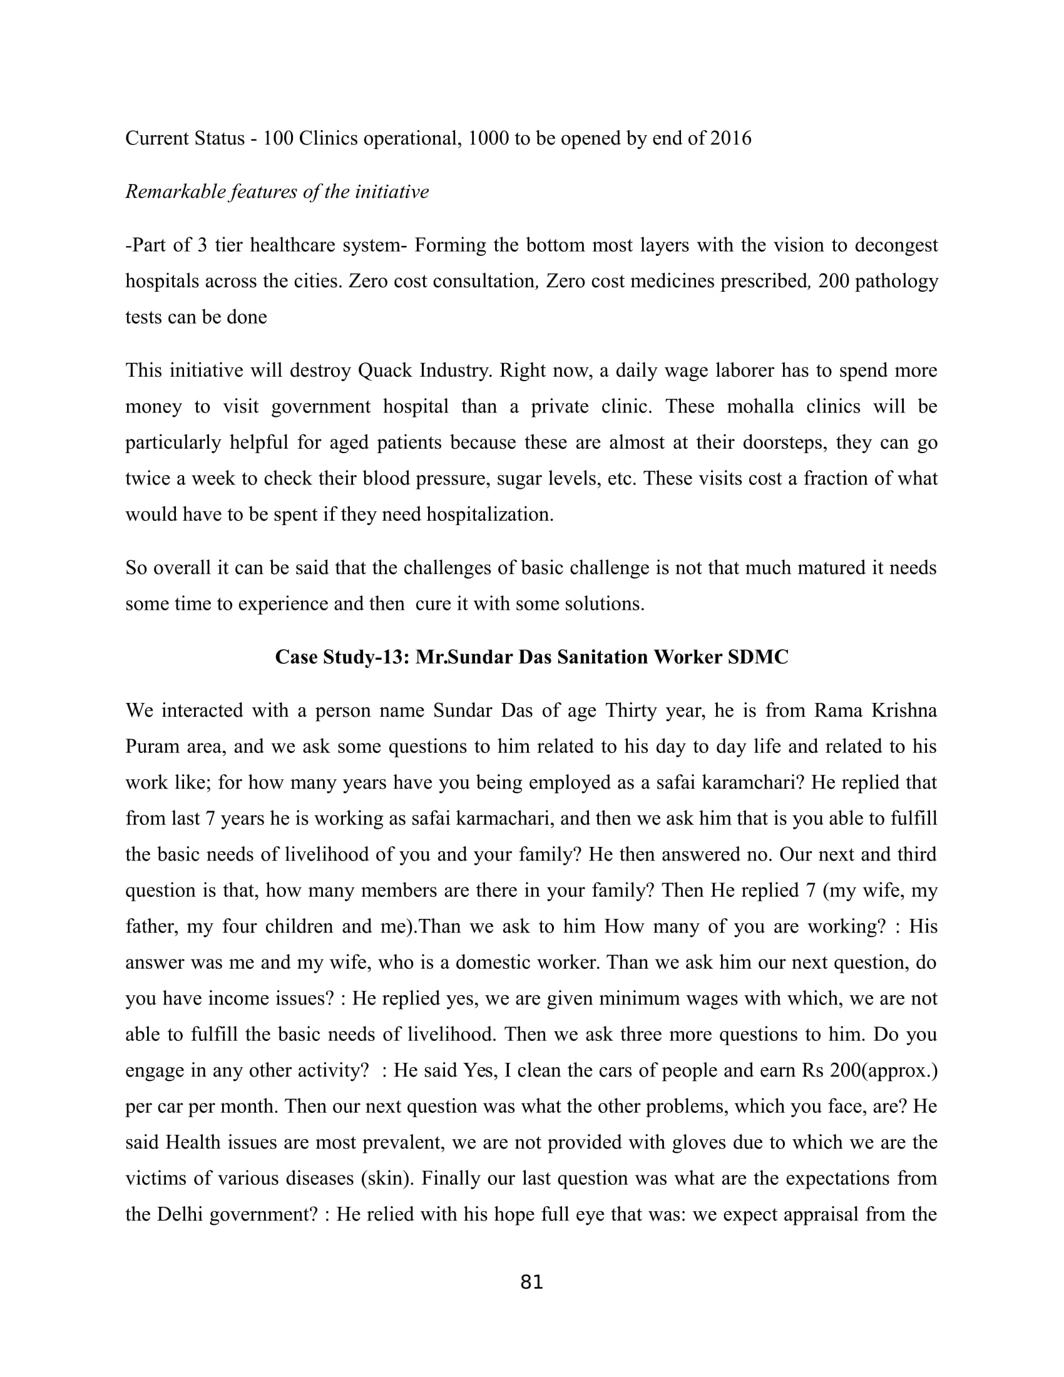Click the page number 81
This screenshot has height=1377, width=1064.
click(531, 1282)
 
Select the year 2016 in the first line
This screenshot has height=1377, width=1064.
click(730, 138)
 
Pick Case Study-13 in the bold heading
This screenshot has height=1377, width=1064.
click(342, 658)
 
